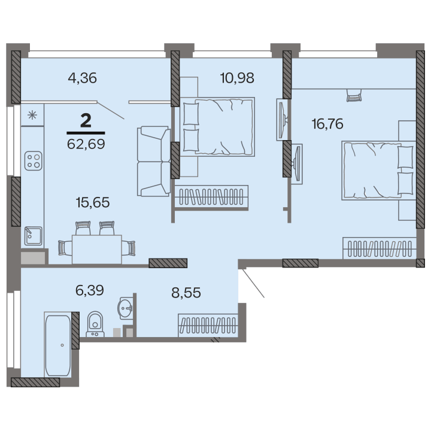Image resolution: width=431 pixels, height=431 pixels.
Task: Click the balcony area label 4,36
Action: coord(82,78)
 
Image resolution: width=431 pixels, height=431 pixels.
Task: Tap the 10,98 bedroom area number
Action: coord(237,78)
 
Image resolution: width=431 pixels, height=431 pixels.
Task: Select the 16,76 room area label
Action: coord(327,124)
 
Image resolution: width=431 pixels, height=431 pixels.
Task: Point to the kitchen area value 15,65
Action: coord(93,202)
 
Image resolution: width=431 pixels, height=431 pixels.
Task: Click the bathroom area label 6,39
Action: coord(90,290)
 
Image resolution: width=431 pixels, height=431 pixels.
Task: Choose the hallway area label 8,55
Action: coord(186,293)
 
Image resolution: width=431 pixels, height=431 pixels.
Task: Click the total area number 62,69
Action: coord(86,144)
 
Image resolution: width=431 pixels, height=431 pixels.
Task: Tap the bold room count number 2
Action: coord(86,121)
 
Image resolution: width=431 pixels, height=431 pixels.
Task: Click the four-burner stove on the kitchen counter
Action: coord(34,161)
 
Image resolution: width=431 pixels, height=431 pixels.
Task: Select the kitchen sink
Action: coord(34,236)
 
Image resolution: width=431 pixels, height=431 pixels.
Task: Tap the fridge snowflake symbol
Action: coord(32,115)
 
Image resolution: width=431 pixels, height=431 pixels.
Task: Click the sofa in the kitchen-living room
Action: coord(154,162)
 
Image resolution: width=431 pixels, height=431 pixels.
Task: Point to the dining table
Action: coord(97,249)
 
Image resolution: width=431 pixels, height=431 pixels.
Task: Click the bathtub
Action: coord(57,345)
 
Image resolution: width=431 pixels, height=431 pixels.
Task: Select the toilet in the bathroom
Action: coord(95,324)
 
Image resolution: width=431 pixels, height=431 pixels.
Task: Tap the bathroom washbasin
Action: coord(125,308)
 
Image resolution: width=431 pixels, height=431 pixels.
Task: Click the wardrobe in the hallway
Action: coord(208,325)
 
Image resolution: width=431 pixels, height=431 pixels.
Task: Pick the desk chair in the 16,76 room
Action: coord(354,95)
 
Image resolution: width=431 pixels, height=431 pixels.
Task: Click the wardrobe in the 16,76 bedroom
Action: coord(380,248)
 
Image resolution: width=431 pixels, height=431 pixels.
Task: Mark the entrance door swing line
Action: coord(253,283)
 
